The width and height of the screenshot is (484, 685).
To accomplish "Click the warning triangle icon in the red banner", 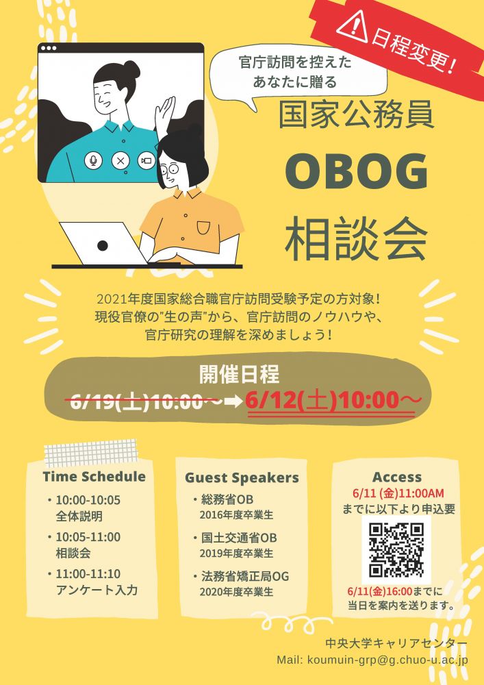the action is coord(352,28).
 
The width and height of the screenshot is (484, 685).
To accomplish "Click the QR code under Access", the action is coord(396,549).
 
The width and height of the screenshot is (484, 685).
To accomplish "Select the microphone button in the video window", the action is coord(93,160).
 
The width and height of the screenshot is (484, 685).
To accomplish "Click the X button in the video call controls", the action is coord(120,160).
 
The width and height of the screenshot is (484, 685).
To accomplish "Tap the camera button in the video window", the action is coord(147,160).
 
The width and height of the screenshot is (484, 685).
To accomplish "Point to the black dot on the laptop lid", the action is coord(103,245).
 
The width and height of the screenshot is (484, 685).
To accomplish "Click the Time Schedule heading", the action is coord(94,476).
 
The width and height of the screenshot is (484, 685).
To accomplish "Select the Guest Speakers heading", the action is coord(242,477).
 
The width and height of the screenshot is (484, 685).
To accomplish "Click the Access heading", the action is coord(397,477).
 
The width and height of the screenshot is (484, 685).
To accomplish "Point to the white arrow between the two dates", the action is coord(233,401).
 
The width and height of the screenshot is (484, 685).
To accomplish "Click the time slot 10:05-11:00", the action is coord(88,537).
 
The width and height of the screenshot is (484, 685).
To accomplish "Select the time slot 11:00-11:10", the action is coord(88,573).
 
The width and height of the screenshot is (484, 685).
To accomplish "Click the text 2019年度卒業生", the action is coord(237,553).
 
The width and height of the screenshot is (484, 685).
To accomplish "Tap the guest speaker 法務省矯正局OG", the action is coord(245,576).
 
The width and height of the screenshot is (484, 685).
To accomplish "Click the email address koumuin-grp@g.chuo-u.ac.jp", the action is coord(388,659).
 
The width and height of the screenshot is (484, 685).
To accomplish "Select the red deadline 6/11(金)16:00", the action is coord(380,592).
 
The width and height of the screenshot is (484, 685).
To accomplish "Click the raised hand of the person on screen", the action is coord(165,114).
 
